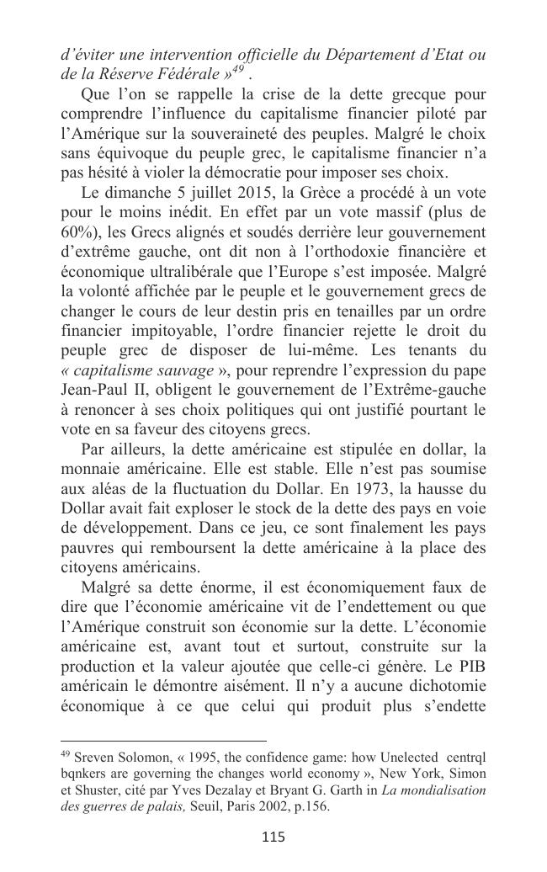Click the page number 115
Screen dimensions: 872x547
coord(273,836)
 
